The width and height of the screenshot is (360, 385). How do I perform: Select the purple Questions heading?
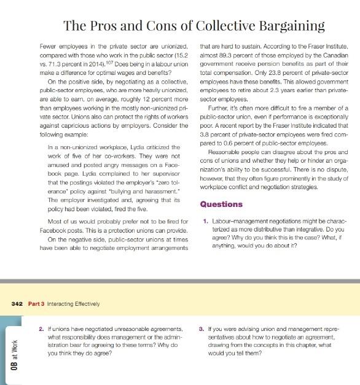point(221,204)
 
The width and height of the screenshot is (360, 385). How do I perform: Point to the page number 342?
point(17,303)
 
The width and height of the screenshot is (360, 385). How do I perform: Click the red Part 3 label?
point(37,303)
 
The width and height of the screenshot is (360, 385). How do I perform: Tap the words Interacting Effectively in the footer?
point(74,303)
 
